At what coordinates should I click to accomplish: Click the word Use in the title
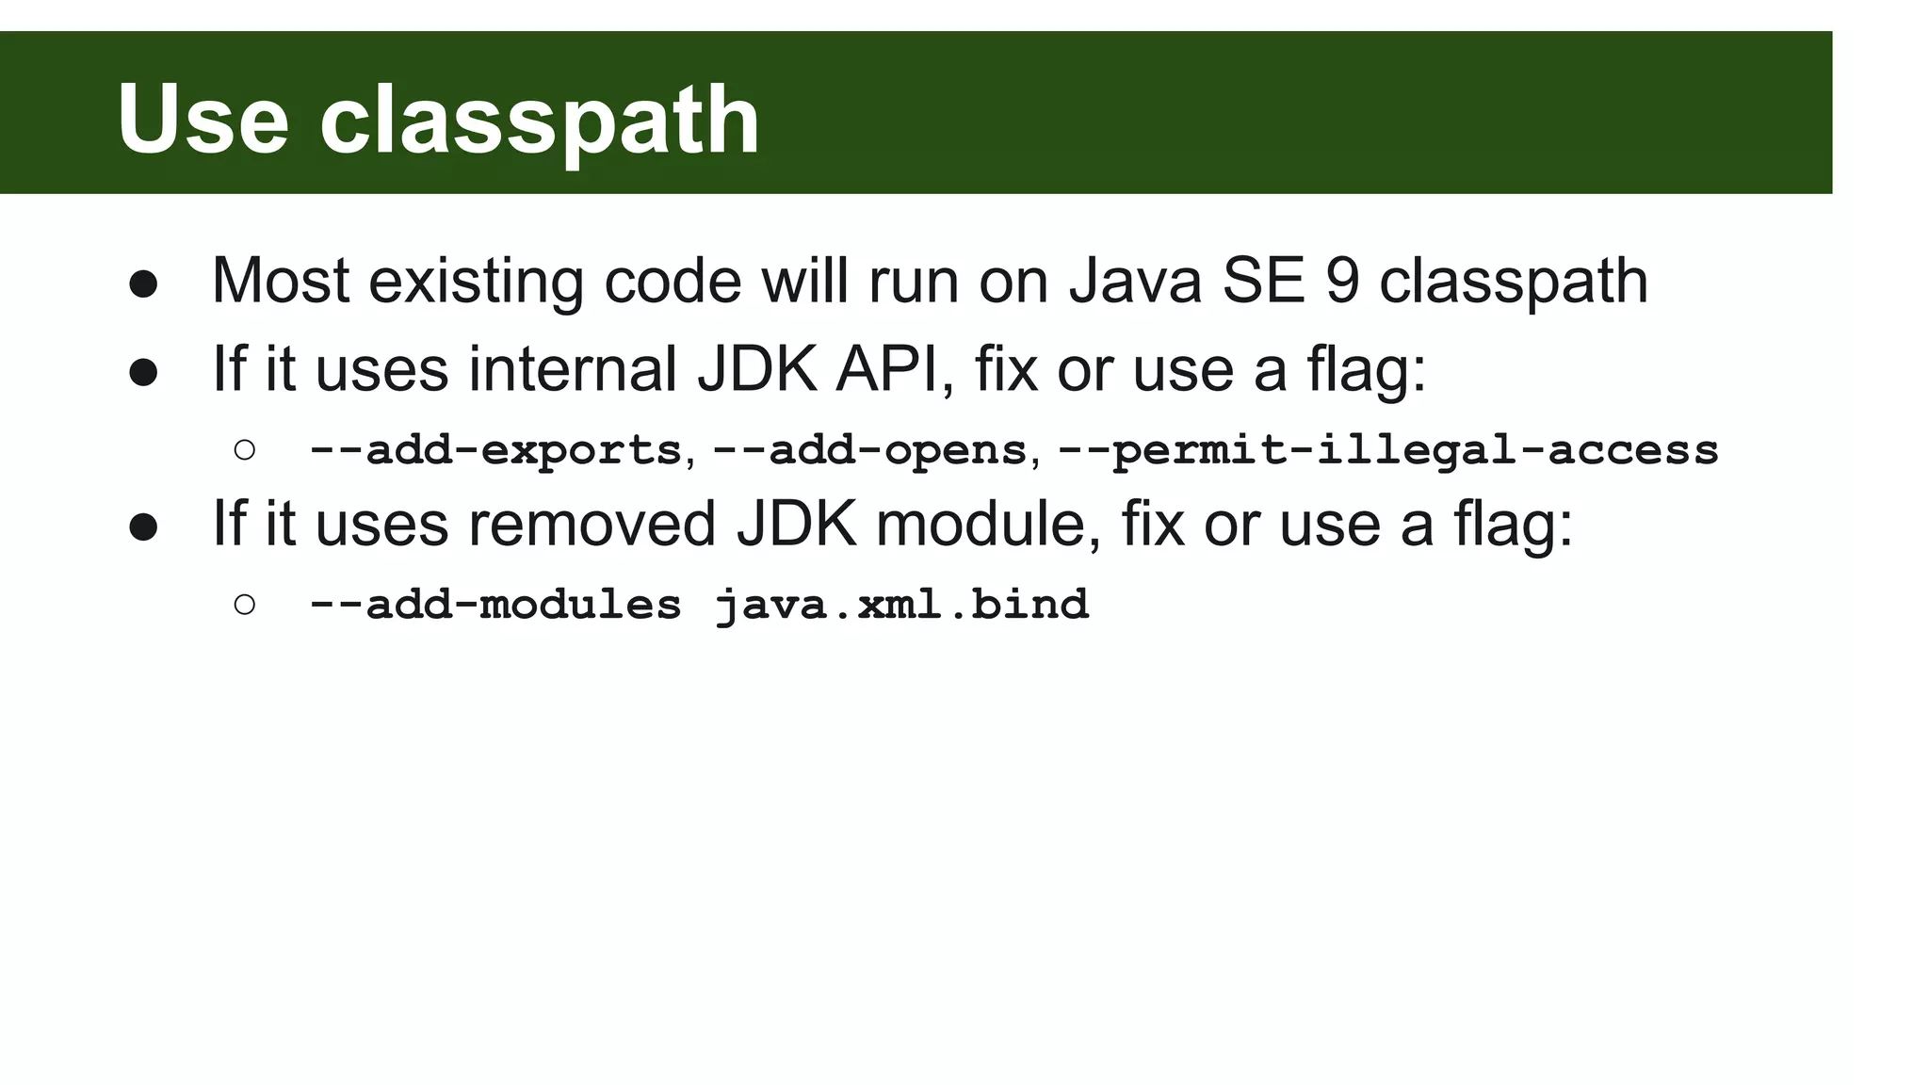(203, 121)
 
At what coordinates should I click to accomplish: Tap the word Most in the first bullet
(281, 281)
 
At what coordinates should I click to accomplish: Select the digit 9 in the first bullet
(1342, 281)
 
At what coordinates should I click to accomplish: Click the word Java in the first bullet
(1135, 281)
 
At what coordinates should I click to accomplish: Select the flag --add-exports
(494, 450)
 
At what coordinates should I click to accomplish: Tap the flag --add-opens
(869, 450)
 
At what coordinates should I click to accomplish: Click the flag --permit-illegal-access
(1388, 450)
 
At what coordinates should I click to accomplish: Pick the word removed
(592, 524)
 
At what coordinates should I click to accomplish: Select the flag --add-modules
(494, 605)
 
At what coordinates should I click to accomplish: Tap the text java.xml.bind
(901, 605)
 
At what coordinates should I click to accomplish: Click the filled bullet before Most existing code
(143, 283)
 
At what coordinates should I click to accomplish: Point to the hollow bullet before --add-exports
(244, 450)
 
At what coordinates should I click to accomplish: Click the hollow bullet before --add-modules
(244, 605)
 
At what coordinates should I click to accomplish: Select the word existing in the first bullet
(476, 281)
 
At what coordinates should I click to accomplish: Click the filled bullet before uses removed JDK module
(143, 526)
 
